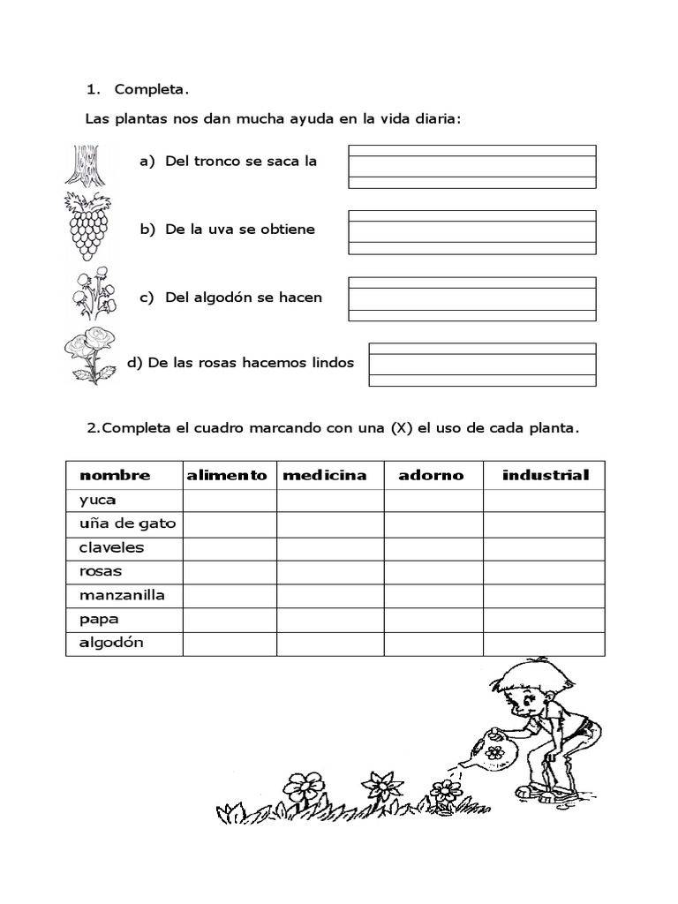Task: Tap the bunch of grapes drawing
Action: pos(87,226)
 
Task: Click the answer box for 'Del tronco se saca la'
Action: pos(471,167)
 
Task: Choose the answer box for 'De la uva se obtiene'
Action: pos(471,232)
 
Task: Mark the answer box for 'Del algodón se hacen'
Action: pos(471,298)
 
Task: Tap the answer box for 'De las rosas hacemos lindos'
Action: pos(482,365)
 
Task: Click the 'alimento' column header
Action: pos(227,475)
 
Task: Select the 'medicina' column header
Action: pos(324,475)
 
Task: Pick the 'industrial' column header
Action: pos(545,475)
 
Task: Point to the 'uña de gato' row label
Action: pos(127,524)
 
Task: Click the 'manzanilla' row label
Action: pos(122,595)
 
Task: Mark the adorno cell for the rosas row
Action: pos(433,571)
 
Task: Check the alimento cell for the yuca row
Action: pos(230,500)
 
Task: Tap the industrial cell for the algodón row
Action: pos(544,643)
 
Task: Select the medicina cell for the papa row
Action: pos(330,619)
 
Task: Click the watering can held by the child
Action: pos(490,752)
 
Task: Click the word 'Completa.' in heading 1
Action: pos(152,89)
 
